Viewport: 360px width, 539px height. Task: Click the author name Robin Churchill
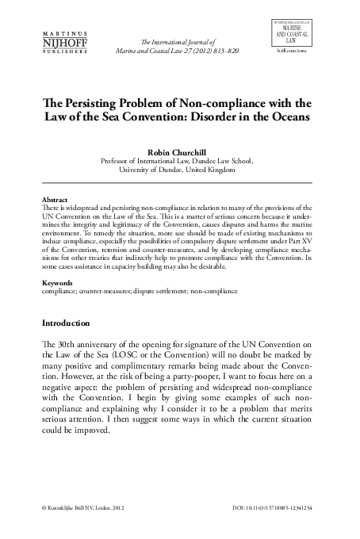178,148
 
